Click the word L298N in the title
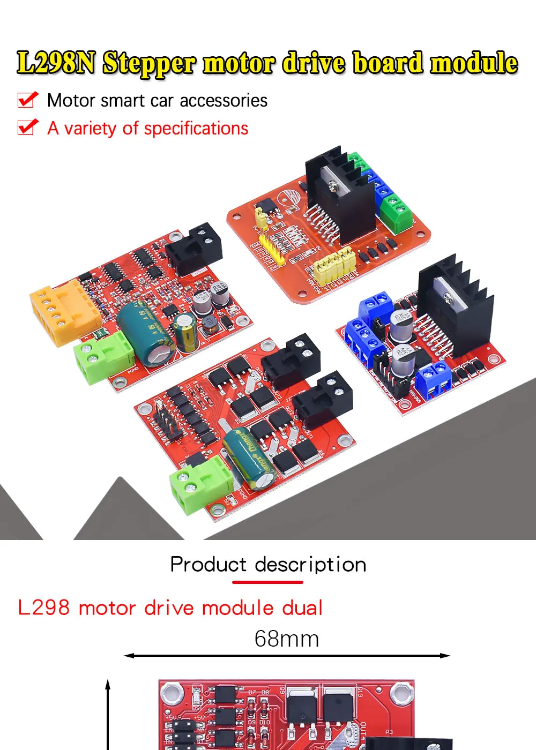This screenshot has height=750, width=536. click(56, 63)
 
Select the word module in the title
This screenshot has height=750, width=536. click(474, 63)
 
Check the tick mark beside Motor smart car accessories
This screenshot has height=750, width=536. click(28, 100)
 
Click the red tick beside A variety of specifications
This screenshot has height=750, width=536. click(28, 127)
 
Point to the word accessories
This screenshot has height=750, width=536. click(224, 101)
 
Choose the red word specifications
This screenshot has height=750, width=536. click(196, 129)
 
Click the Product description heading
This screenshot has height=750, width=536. click(268, 565)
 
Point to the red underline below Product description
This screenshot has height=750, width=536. click(268, 582)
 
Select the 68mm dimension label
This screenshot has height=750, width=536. click(287, 639)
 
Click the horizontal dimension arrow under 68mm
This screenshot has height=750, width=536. click(287, 655)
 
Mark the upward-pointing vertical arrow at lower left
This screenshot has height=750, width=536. click(108, 712)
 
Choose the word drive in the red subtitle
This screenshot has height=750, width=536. click(168, 608)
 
